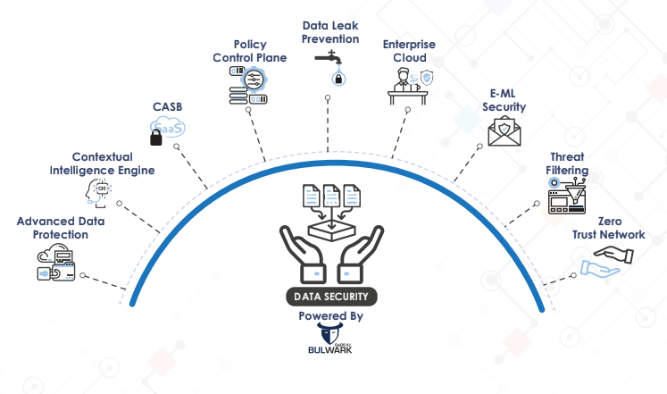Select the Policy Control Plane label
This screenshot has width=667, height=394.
(x=249, y=51)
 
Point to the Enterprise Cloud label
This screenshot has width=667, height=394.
(x=409, y=51)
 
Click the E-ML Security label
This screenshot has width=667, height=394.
(x=504, y=100)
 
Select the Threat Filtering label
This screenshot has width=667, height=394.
(x=569, y=163)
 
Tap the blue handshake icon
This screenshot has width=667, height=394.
(x=606, y=262)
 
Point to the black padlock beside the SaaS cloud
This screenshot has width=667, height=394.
(x=156, y=138)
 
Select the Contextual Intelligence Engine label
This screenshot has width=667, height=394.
(x=101, y=163)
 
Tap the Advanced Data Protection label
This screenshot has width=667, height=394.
(x=53, y=228)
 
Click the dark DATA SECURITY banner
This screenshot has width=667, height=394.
(x=330, y=296)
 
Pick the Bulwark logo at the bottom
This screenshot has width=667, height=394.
(x=329, y=340)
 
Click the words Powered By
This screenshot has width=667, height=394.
(x=330, y=316)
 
